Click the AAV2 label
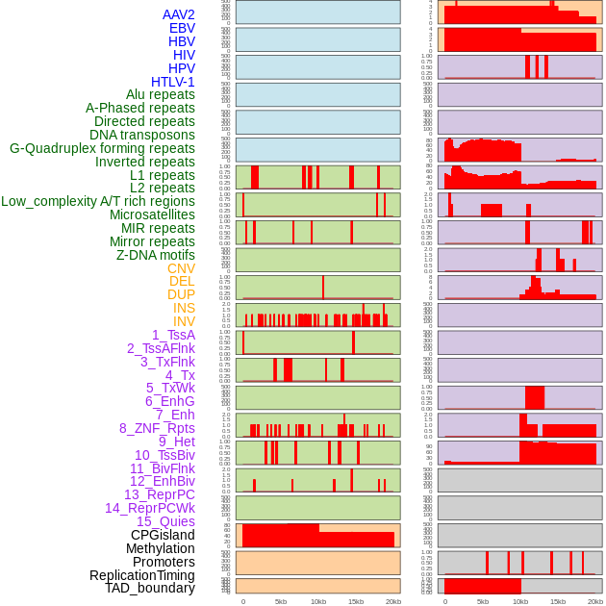pyautogui.click(x=179, y=14)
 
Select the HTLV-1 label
pyautogui.click(x=173, y=82)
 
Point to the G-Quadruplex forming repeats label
pyautogui.click(x=102, y=148)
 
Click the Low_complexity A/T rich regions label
pyautogui.click(x=98, y=201)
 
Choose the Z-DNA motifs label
pyautogui.click(x=156, y=255)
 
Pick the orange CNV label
pyautogui.click(x=181, y=268)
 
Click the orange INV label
pyautogui.click(x=184, y=321)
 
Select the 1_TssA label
pyautogui.click(x=173, y=335)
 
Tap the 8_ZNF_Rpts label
pyautogui.click(x=157, y=428)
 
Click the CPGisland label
pyautogui.click(x=163, y=535)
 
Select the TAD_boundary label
pyautogui.click(x=150, y=588)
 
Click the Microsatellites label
pyautogui.click(x=152, y=215)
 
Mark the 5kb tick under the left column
pyautogui.click(x=281, y=601)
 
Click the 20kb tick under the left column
pyautogui.click(x=393, y=601)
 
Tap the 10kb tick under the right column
pyautogui.click(x=520, y=601)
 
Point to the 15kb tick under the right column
pyautogui.click(x=558, y=601)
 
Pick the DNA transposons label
pyautogui.click(x=142, y=135)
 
